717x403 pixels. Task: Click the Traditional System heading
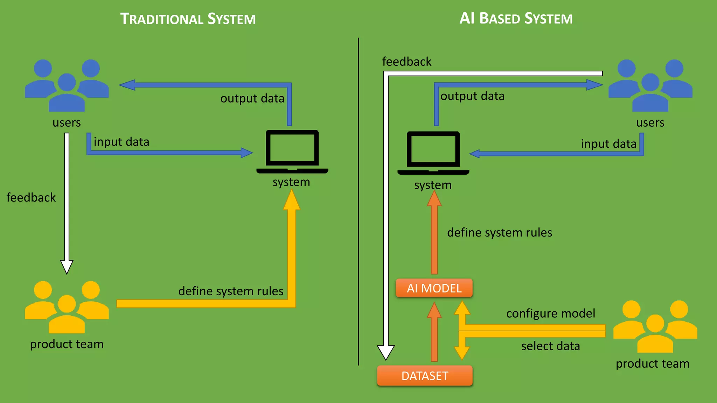click(188, 19)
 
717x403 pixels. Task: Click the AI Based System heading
click(516, 18)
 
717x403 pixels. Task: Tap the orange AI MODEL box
click(434, 288)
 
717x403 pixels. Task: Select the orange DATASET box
click(425, 376)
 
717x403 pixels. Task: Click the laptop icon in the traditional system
click(292, 151)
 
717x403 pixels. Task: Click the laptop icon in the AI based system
click(433, 153)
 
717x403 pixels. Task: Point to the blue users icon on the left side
click(67, 86)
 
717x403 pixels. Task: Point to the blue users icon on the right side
click(650, 86)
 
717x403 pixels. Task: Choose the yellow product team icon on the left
click(67, 307)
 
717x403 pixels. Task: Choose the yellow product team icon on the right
click(655, 326)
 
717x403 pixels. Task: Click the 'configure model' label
click(550, 313)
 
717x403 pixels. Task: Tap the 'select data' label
click(550, 346)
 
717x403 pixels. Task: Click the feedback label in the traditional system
click(31, 197)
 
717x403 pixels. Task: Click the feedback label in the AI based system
click(406, 62)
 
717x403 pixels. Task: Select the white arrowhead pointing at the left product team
click(67, 267)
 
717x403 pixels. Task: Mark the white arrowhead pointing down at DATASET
click(386, 352)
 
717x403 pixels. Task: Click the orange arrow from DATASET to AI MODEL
click(434, 332)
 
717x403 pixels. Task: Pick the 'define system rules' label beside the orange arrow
click(499, 233)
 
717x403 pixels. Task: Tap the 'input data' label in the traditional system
click(121, 142)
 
